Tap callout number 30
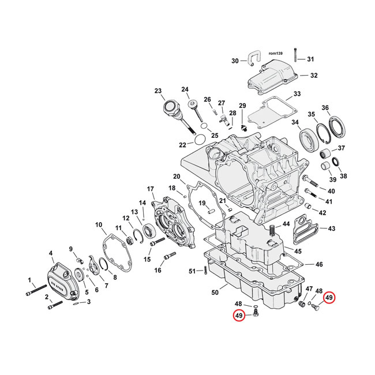pos(234,61)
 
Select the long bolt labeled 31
pos(295,55)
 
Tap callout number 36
pos(341,108)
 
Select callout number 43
pos(331,229)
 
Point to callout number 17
pos(151,189)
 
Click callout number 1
pos(29,280)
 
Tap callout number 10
pos(99,224)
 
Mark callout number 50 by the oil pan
pos(215,293)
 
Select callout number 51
pos(192,271)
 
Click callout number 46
pos(318,264)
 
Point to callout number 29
pos(242,105)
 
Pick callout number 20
pos(177,176)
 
